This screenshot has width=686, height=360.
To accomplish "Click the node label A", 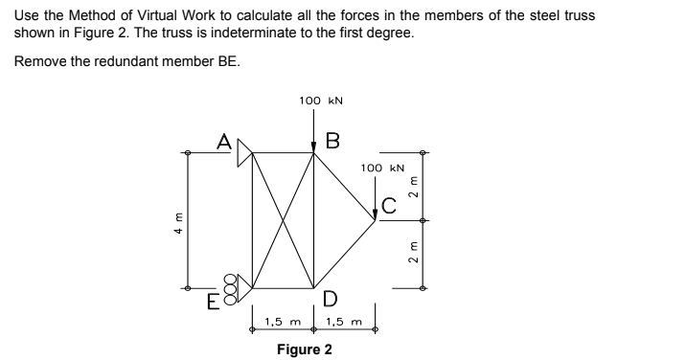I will [224, 142].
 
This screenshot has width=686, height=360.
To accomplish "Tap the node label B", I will [332, 142].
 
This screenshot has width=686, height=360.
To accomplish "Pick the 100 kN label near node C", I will [379, 169].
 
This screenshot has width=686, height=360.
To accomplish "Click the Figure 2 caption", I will [304, 349].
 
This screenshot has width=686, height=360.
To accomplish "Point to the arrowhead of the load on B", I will [313, 146].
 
